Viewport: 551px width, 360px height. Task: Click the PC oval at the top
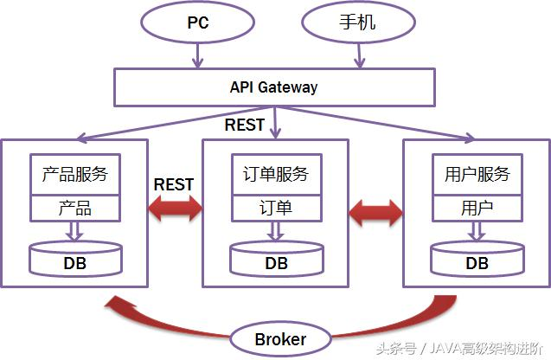198,23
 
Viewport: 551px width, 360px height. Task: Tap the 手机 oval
354,23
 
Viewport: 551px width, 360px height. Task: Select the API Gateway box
273,87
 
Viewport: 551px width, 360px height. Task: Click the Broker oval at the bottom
279,338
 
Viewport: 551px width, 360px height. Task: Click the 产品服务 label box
75,175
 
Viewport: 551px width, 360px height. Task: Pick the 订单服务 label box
276,175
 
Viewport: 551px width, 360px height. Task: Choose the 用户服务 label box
477,175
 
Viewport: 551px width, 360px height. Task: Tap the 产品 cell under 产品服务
75,209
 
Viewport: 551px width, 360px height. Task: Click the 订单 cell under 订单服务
276,209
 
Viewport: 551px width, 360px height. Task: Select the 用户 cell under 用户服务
477,209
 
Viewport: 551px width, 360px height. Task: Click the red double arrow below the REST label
174,209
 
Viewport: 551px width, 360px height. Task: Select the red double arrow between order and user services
376,210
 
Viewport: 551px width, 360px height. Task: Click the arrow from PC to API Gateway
198,56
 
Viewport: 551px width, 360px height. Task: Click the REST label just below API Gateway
245,125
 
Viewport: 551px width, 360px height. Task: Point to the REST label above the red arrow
174,184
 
